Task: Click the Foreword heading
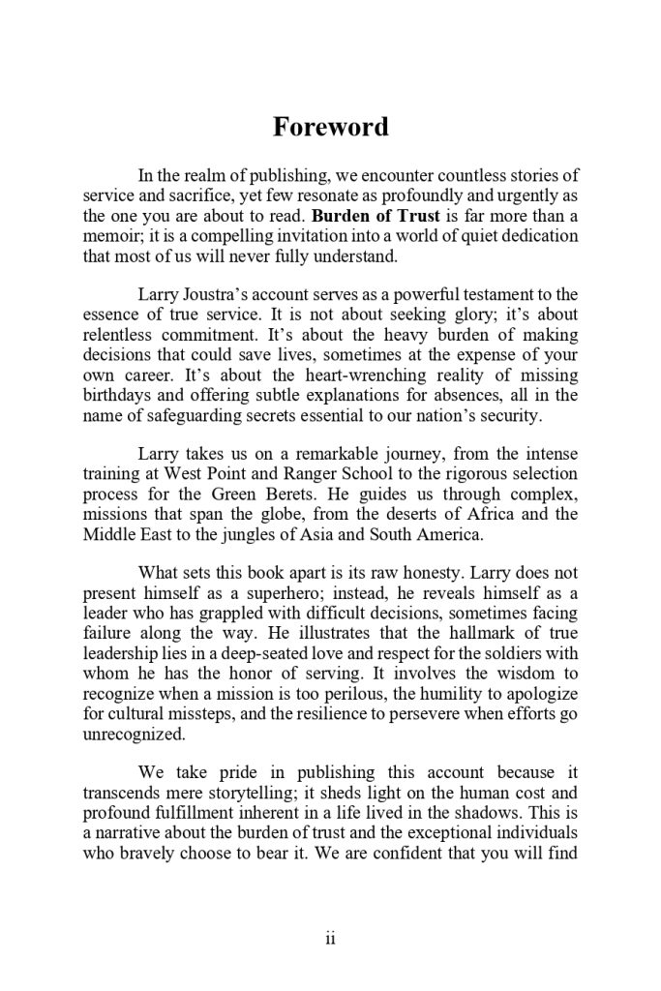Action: (330, 127)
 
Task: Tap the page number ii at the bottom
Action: (330, 939)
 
